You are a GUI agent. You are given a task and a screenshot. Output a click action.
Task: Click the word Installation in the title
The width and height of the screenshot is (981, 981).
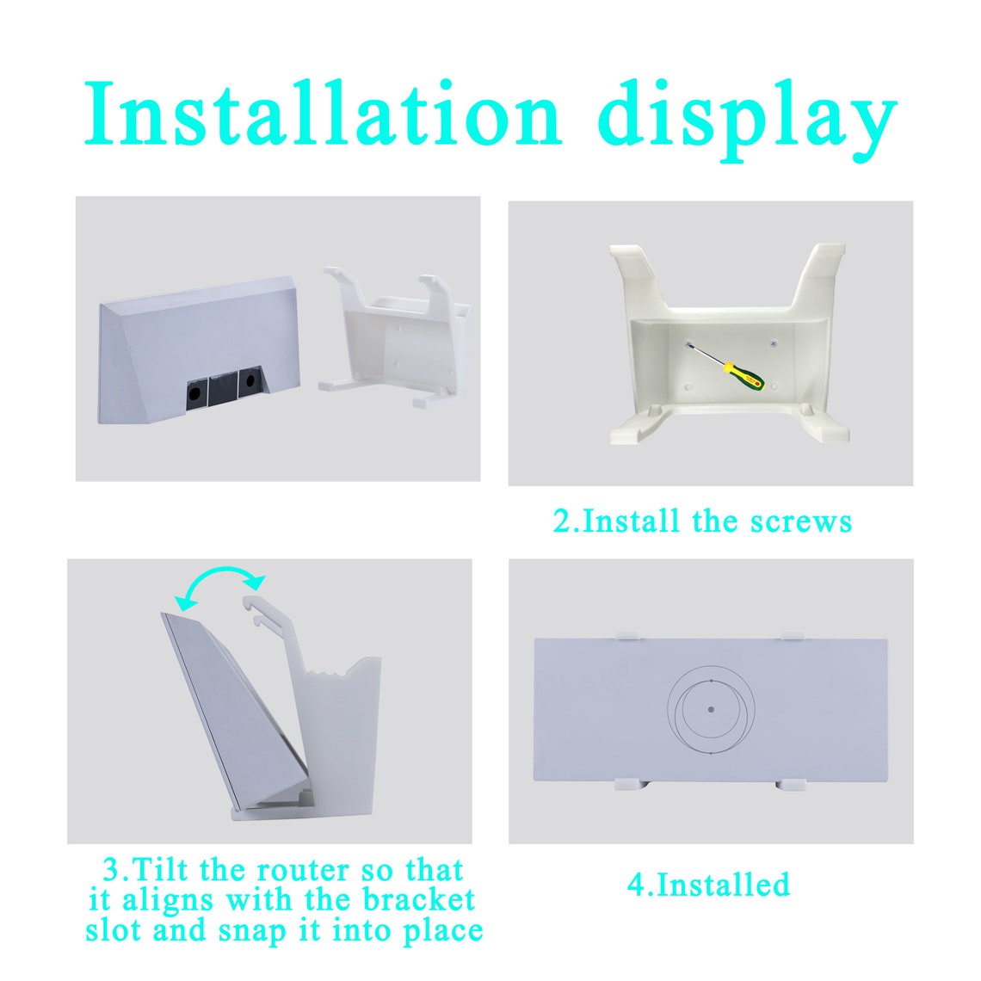point(323,114)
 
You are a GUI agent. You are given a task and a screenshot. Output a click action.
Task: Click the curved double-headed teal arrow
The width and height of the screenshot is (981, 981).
point(220,583)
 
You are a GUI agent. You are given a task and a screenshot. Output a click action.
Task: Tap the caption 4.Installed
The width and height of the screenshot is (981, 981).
point(708,885)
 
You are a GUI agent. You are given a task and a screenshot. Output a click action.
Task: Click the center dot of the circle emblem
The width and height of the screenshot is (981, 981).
point(710,709)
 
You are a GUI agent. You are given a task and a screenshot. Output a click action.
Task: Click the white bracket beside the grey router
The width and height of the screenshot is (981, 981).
point(392,340)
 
